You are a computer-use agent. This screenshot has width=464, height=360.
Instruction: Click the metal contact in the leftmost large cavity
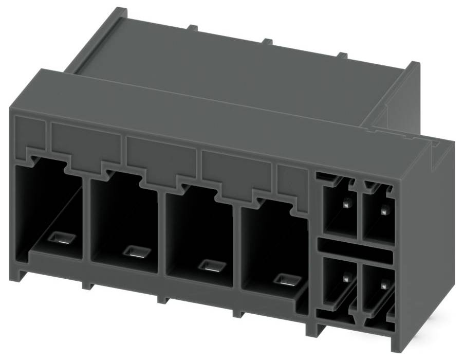(x=61, y=238)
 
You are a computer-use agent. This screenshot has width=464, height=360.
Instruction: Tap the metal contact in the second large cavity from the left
(x=137, y=251)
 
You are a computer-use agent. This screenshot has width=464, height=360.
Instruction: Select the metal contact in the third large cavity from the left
(x=211, y=265)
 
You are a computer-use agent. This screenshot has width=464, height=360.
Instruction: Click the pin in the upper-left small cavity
(x=346, y=203)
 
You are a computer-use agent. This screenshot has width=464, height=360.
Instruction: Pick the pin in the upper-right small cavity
(x=384, y=209)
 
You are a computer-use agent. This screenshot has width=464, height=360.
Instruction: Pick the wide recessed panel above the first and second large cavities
(x=85, y=141)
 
